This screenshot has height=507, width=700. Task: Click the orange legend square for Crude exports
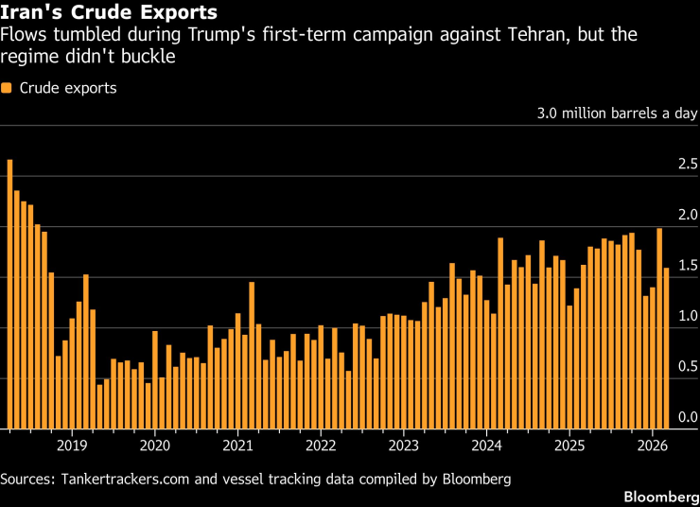tap(7, 88)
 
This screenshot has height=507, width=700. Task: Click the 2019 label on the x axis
tap(72, 445)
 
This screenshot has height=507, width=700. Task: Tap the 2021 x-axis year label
tap(237, 445)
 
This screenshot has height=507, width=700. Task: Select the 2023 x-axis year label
tap(403, 445)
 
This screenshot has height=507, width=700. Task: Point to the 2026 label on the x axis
tap(651, 445)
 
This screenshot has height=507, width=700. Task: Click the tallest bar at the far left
tap(9, 293)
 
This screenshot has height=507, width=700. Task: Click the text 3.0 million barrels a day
tap(617, 114)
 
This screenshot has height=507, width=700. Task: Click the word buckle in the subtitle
tap(150, 58)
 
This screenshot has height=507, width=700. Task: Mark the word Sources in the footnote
tap(29, 479)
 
